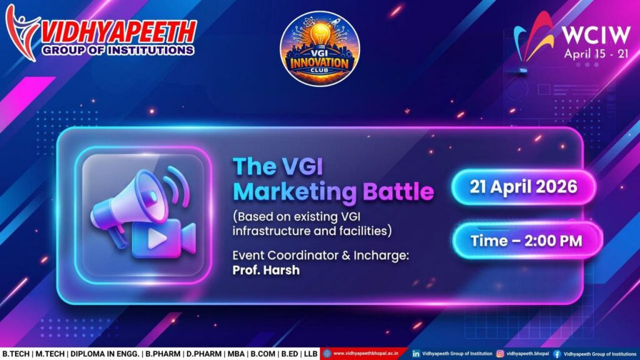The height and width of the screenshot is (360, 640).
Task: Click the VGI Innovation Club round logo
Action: click(319, 49)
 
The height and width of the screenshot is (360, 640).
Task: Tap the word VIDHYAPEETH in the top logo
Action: click(118, 32)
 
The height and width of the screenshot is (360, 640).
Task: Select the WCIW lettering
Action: click(596, 36)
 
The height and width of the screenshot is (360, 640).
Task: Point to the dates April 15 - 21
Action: click(596, 54)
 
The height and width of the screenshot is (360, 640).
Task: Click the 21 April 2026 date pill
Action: click(524, 187)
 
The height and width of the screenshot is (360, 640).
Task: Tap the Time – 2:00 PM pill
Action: click(527, 241)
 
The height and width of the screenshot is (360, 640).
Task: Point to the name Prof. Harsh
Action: click(266, 270)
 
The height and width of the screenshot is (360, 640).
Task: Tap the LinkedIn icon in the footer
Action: click(416, 354)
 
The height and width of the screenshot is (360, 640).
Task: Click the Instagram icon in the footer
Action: click(500, 354)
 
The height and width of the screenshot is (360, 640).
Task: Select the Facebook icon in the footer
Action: click(557, 354)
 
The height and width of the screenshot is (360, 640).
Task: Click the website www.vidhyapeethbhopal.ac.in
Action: click(366, 354)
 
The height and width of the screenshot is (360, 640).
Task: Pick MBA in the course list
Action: click(236, 354)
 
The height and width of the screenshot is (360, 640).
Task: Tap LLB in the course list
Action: click(311, 354)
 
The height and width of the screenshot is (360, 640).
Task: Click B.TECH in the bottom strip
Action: click(16, 354)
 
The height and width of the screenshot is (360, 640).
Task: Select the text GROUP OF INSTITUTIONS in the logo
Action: click(117, 50)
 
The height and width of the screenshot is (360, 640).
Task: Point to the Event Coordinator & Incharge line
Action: click(321, 256)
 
